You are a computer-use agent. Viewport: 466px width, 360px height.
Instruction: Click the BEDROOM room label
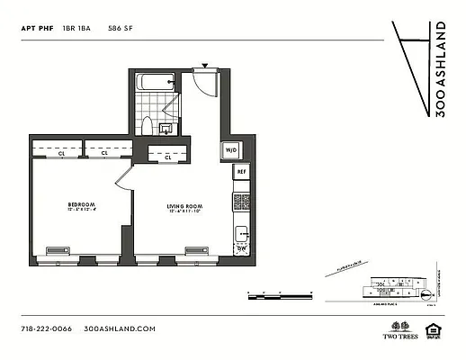[81, 205]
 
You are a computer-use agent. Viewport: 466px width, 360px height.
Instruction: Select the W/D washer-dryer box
[230, 149]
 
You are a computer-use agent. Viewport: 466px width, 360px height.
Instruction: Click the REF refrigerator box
[241, 171]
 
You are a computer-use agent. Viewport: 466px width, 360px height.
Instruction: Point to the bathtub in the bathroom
[155, 83]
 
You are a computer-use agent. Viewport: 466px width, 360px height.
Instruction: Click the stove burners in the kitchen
[241, 202]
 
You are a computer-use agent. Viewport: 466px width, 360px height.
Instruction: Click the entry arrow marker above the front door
[205, 66]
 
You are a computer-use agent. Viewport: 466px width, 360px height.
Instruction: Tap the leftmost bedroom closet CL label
[62, 154]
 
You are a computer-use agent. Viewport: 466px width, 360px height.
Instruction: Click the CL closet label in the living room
[170, 157]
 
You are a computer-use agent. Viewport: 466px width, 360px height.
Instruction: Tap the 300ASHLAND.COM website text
[120, 328]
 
